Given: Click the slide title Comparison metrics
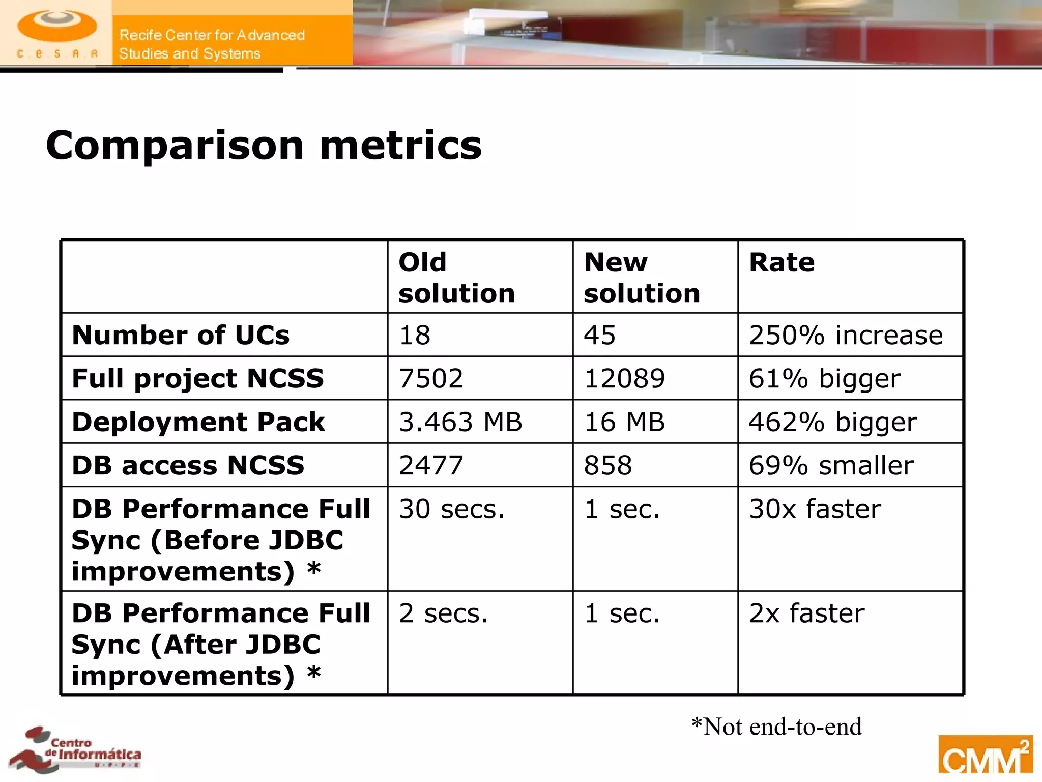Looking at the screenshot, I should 264,146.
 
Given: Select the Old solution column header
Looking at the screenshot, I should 456,277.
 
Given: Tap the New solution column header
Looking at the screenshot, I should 642,277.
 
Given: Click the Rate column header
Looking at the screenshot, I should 781,263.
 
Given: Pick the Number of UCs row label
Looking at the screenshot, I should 181,335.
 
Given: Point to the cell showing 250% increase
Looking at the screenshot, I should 846,335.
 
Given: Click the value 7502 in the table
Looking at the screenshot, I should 431,378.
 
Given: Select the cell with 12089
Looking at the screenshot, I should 624,378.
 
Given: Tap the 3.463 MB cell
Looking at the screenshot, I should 460,422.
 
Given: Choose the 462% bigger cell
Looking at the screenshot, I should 833,422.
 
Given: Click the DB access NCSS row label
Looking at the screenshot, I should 188,465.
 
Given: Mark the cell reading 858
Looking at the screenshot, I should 608,465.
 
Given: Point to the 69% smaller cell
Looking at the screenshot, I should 831,465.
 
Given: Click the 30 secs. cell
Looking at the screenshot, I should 451,509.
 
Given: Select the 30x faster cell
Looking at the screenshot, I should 815,509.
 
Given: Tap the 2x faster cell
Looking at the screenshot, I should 806,613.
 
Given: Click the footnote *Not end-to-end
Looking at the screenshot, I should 776,727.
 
